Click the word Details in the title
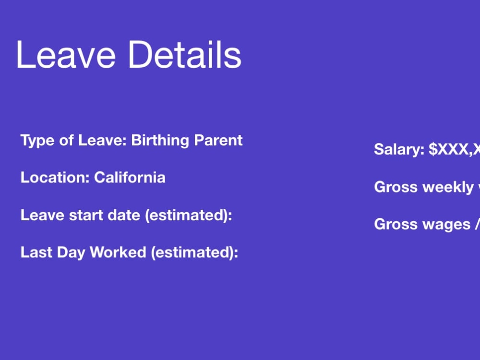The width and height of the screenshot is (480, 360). [x=184, y=54]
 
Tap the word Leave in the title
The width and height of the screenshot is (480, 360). [x=65, y=54]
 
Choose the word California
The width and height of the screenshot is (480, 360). [x=130, y=178]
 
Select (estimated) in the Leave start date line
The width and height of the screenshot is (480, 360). [x=189, y=215]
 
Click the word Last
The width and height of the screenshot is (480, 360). [x=35, y=252]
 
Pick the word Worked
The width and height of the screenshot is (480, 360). [x=118, y=252]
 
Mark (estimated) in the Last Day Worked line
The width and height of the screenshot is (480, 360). [x=194, y=252]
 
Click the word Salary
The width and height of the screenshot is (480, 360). [x=399, y=149]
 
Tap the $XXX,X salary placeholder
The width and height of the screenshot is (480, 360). [x=454, y=149]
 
